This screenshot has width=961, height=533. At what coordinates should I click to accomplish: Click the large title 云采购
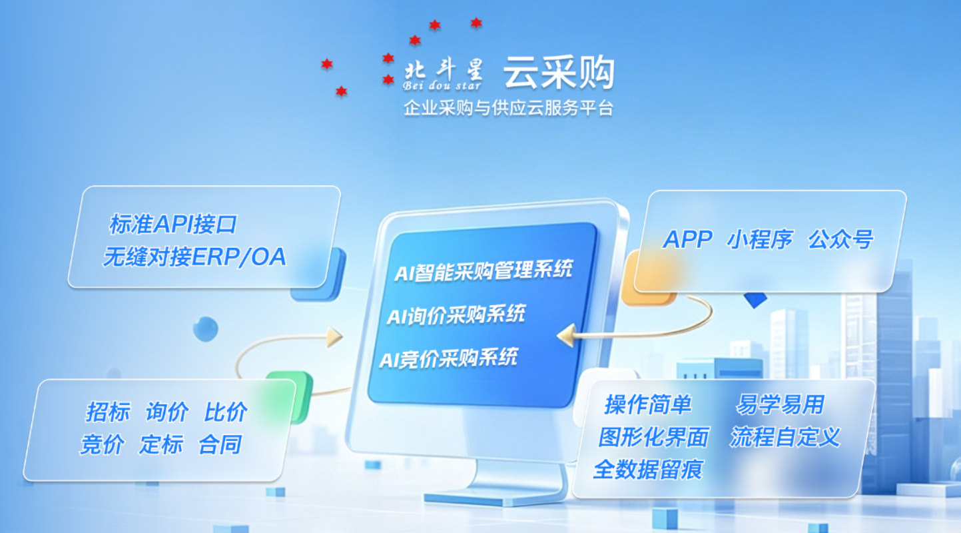click(x=559, y=72)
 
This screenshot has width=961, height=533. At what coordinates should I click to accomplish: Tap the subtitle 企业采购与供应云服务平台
click(x=508, y=108)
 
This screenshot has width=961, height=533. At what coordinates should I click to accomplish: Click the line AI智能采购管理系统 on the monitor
click(x=483, y=270)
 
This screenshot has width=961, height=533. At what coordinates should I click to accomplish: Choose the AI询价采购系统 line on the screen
click(x=456, y=315)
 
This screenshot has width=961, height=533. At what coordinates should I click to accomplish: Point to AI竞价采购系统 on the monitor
click(x=449, y=358)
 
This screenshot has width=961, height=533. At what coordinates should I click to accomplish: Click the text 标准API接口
click(x=173, y=225)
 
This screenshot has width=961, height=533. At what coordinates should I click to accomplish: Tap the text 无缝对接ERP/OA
click(x=194, y=257)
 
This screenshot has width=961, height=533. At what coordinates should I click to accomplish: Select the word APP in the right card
click(x=687, y=239)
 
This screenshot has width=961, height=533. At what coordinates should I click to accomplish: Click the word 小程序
click(x=760, y=239)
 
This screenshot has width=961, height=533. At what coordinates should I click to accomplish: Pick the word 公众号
click(x=841, y=239)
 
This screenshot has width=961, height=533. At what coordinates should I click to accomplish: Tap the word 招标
click(x=108, y=412)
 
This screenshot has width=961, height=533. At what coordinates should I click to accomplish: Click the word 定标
click(x=161, y=444)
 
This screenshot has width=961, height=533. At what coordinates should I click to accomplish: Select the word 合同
click(x=220, y=444)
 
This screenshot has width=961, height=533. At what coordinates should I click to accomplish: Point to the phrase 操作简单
click(x=648, y=404)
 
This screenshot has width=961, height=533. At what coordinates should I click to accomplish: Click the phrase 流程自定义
click(x=785, y=437)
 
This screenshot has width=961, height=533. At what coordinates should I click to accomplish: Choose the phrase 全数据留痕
click(x=648, y=470)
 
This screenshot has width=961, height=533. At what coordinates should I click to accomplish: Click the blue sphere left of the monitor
click(x=206, y=329)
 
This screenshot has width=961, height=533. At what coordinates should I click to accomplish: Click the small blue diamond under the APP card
click(x=755, y=300)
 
